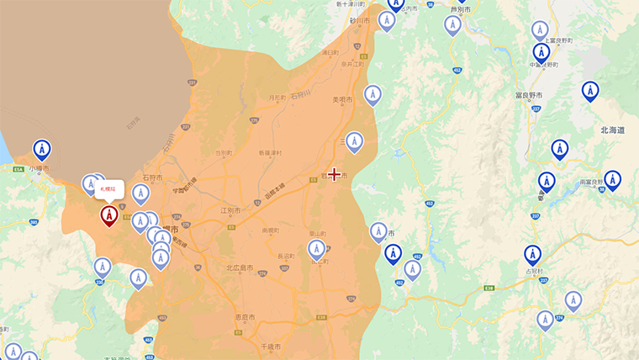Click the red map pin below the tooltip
click(108, 215)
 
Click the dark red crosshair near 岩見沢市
click(335, 174)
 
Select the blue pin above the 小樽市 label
click(41, 150)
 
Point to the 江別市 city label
click(230, 210)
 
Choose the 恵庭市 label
click(246, 317)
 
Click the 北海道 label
click(612, 130)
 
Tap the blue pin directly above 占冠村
click(532, 254)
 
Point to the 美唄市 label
click(341, 100)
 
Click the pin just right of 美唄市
click(372, 95)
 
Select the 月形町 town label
click(277, 98)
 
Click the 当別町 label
click(223, 153)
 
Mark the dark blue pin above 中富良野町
click(541, 51)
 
